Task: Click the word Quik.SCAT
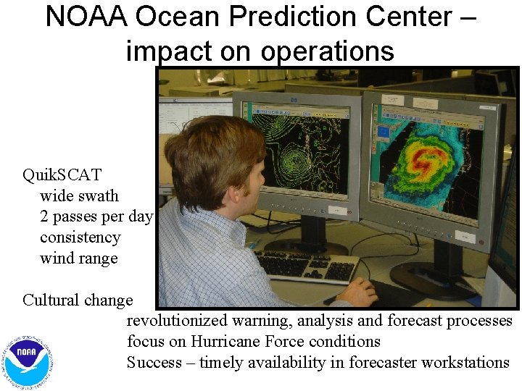[x=62, y=175]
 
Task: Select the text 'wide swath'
[x=79, y=195]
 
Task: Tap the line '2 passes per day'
[x=96, y=216]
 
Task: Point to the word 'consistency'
[x=80, y=237]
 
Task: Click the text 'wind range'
[x=78, y=258]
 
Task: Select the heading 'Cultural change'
[x=78, y=300]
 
